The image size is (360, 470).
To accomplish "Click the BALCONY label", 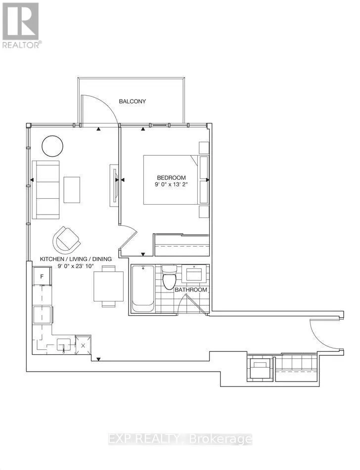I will pos(132,101).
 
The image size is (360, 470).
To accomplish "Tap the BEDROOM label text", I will pos(171,178).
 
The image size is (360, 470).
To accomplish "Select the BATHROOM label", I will pos(190,290).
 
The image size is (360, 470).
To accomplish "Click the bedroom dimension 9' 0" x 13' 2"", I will pos(171,185).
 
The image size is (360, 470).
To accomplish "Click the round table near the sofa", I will pos(52,146).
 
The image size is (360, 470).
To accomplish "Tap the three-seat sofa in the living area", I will pos(45,189).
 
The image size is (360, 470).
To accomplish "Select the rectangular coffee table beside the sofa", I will pos(71,189).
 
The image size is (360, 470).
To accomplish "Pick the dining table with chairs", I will pos(108,286).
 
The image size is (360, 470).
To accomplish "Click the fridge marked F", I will pos(43,276).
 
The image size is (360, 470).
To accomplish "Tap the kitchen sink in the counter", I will pos(63,344).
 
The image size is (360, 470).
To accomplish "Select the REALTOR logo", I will pos(21,25).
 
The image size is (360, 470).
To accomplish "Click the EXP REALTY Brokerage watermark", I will pos(180,439).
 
